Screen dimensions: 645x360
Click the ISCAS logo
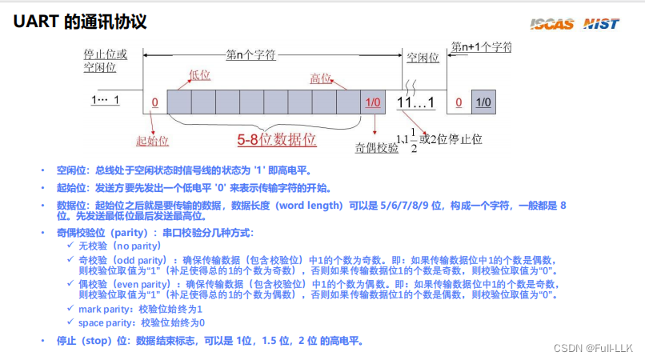click(551, 23)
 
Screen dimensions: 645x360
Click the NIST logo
click(601, 23)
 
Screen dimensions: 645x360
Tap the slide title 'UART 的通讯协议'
click(80, 22)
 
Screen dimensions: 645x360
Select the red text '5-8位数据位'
click(277, 139)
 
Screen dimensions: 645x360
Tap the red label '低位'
click(199, 75)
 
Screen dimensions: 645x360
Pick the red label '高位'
click(320, 78)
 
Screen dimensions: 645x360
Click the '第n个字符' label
click(250, 55)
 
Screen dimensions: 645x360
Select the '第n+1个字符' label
click(481, 46)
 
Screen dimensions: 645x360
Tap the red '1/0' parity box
click(373, 102)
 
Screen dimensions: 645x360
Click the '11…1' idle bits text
click(415, 102)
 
